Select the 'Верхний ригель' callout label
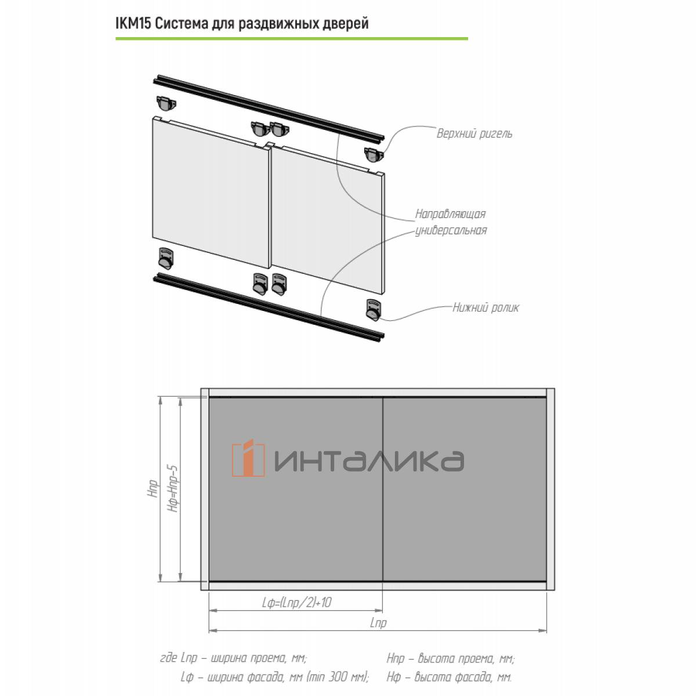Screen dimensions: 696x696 [x=474, y=134]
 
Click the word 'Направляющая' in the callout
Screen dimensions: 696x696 [x=450, y=214]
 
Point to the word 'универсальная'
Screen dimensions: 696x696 [x=451, y=230]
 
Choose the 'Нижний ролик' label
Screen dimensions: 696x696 [x=485, y=307]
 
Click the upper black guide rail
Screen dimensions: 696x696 [x=269, y=108]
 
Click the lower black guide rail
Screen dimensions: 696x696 [x=269, y=307]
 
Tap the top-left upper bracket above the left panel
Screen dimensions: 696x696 [x=166, y=103]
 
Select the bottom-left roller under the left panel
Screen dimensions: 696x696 [x=166, y=259]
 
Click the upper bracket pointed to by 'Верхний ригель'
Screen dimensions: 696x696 [x=374, y=155]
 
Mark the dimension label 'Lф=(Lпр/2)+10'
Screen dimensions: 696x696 [x=296, y=603]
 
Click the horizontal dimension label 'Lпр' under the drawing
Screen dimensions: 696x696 [x=378, y=623]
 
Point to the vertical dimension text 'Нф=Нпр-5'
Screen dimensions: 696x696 [x=173, y=489]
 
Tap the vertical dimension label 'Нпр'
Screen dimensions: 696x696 [x=153, y=489]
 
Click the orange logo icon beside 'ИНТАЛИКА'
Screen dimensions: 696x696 [x=248, y=458]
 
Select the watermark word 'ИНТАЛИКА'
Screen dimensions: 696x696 [x=369, y=461]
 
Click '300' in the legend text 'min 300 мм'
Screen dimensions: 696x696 [x=338, y=677]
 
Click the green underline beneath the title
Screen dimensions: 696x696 [x=292, y=38]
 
